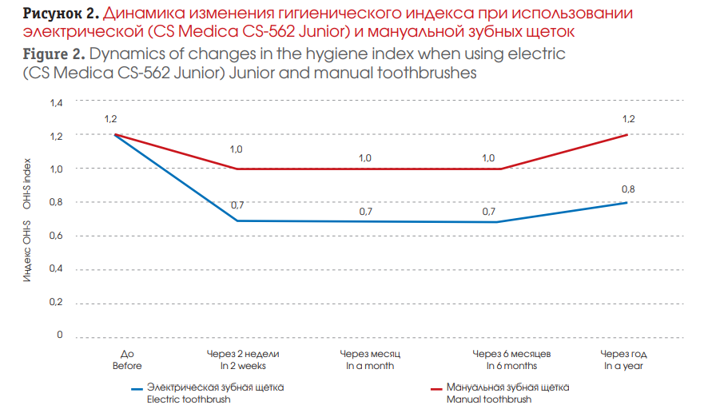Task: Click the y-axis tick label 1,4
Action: (56, 103)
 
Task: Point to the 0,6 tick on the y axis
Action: (56, 236)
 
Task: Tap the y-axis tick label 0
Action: (59, 336)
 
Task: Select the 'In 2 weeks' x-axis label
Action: (243, 366)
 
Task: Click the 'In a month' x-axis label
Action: (370, 366)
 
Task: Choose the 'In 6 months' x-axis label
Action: (504, 366)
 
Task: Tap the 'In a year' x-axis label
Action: (625, 366)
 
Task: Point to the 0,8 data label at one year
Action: (627, 190)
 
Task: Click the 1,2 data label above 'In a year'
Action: (627, 120)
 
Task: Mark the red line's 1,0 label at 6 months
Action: (488, 158)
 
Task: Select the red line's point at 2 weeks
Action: (237, 169)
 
